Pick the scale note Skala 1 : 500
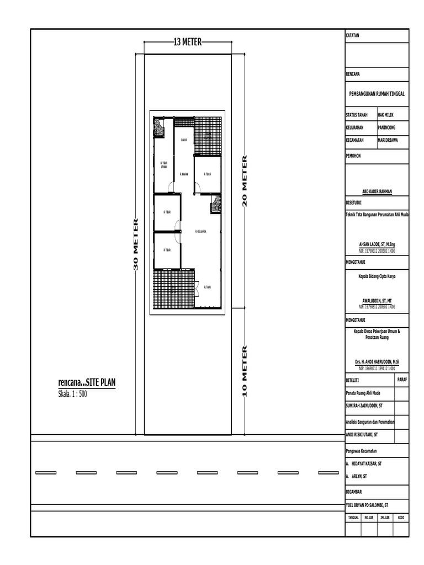tap(73, 394)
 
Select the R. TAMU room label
tap(208, 287)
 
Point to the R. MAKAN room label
tap(184, 174)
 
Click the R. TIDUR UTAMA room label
tap(164, 164)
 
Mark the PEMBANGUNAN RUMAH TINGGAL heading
tap(377, 94)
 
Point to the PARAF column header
tap(402, 379)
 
